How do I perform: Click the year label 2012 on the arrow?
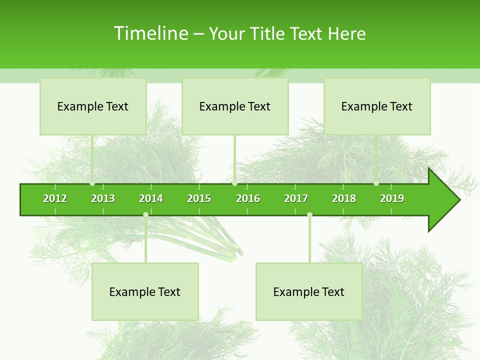pos(55,198)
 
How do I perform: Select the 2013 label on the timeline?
pos(103,198)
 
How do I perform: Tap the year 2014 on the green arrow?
pos(151,198)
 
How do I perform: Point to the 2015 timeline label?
pos(199,198)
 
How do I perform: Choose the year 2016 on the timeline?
pos(248,198)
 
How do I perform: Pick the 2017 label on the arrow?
pos(296,198)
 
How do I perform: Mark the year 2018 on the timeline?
pos(344,198)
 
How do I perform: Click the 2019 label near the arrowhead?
pos(392,198)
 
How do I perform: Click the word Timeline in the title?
pos(150,33)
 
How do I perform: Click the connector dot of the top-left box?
pos(92,183)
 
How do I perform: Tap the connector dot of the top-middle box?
pos(234,183)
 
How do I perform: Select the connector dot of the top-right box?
pos(376,183)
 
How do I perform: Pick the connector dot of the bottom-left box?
pos(145,215)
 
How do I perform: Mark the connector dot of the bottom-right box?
pos(309,215)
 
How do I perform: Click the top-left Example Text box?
pos(93,106)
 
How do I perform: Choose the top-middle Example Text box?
pos(235,106)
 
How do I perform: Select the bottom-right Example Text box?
pos(309,291)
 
